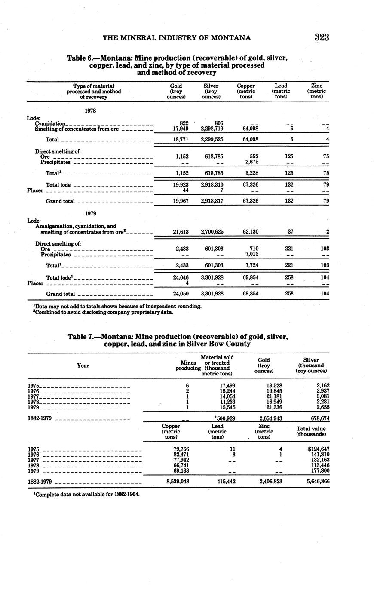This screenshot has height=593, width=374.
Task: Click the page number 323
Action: click(x=321, y=37)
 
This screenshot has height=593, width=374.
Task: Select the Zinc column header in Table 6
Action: click(x=316, y=91)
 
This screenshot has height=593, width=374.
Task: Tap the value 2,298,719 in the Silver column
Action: click(x=212, y=129)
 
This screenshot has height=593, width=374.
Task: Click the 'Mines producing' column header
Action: click(x=188, y=366)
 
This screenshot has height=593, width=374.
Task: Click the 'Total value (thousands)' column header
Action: click(x=311, y=431)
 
